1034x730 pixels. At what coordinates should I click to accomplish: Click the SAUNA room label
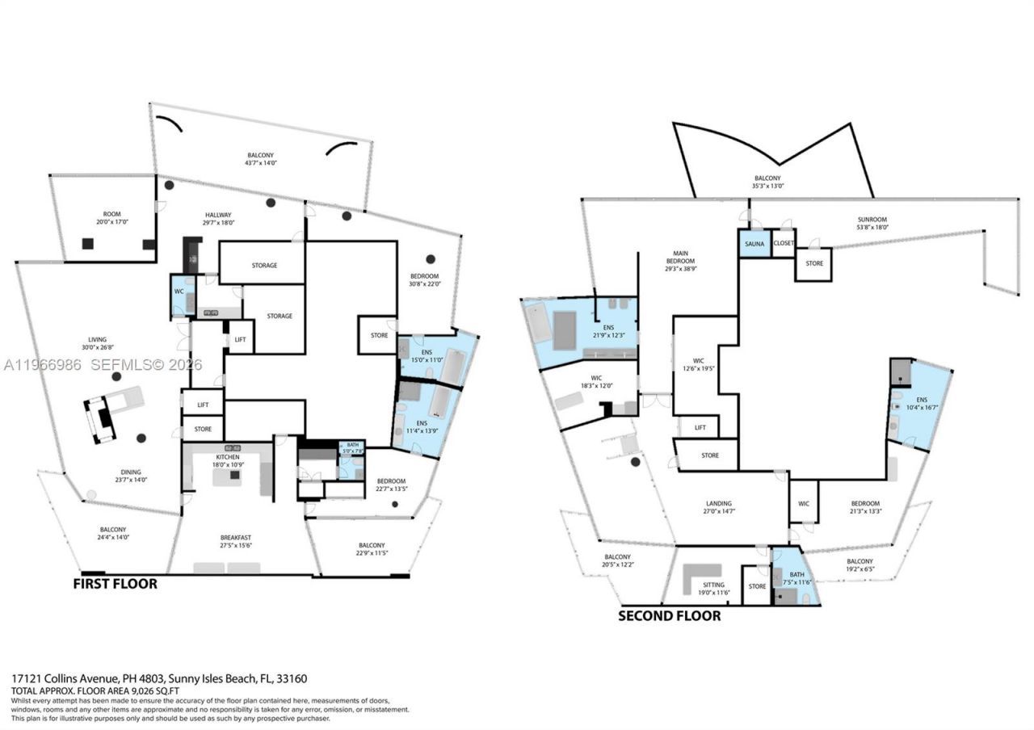coord(754,243)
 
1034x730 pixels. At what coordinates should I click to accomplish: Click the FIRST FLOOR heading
coord(115,584)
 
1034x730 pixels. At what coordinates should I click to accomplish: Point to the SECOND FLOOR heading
coord(669,615)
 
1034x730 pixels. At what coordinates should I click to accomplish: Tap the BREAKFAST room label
coord(236,542)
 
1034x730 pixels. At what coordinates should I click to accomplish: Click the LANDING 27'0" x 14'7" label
coord(719,506)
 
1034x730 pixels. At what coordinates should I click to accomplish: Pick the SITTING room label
coord(712,589)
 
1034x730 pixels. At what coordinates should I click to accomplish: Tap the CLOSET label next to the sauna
coord(784,243)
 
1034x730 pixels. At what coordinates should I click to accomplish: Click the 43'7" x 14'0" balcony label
coord(261,159)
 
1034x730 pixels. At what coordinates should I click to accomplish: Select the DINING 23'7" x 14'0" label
coord(131,476)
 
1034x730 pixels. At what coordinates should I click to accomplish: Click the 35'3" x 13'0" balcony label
coord(767,182)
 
